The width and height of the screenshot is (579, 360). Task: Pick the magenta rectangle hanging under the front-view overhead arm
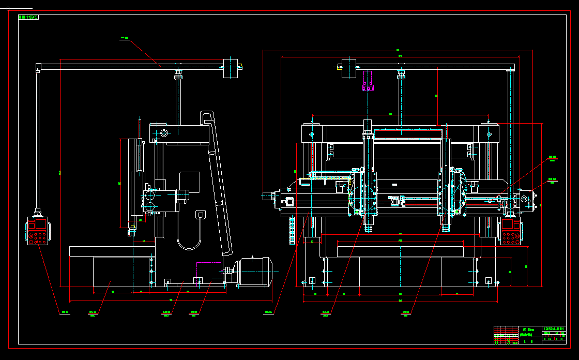368,85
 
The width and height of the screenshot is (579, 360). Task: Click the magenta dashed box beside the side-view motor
208,273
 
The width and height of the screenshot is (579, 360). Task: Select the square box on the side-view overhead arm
230,68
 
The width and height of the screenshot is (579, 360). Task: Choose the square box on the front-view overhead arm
349,68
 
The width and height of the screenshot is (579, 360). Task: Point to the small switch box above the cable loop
200,214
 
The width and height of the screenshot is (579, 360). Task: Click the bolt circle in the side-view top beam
164,133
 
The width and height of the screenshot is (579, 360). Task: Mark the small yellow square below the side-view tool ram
133,227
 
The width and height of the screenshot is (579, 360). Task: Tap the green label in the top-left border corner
28,17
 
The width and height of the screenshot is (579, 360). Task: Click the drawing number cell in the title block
554,328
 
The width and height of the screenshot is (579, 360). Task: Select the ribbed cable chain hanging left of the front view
292,231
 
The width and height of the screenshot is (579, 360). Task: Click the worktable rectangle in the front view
400,251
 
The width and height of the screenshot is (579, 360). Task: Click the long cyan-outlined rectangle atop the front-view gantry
407,134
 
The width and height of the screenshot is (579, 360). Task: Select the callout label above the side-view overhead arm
124,38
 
